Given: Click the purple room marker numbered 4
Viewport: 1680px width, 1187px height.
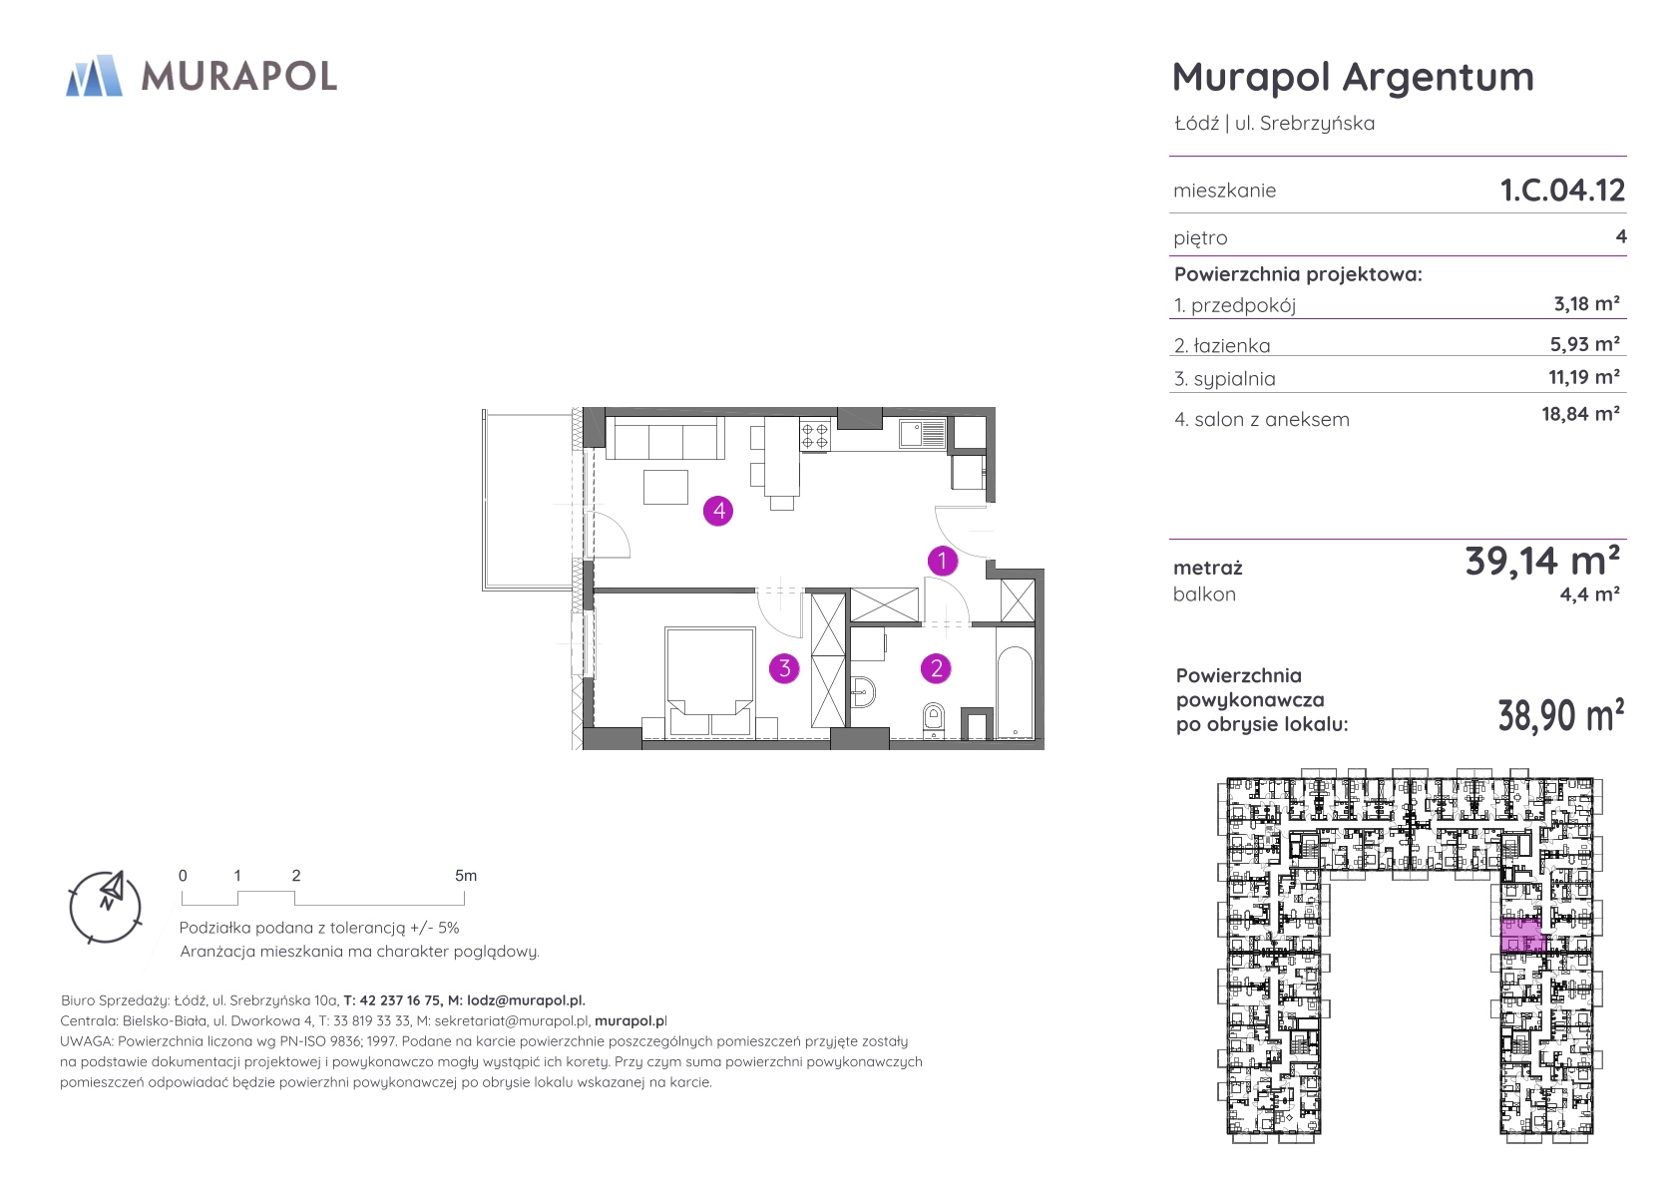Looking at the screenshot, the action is coord(717,511).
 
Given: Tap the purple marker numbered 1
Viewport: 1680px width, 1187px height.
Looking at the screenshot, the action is coord(942,561).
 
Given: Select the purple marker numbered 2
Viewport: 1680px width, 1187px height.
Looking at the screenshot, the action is coord(936,668).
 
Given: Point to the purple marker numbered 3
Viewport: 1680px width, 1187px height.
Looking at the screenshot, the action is coord(784,668).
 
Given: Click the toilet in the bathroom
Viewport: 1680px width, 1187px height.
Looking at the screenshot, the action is coord(933,720).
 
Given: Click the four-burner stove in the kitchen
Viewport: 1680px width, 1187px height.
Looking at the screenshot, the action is coord(814,436).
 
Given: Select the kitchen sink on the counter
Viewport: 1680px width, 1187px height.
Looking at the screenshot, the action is coord(923,434).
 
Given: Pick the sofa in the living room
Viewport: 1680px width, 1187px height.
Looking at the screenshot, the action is coord(665,437).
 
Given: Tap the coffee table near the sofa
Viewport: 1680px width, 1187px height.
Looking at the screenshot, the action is coord(665,487).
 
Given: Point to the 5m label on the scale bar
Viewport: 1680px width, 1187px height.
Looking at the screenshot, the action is coord(466,875).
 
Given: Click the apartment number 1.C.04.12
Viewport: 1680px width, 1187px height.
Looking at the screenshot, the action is coord(1562,190).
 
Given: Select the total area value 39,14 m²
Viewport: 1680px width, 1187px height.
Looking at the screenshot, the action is coord(1542,561).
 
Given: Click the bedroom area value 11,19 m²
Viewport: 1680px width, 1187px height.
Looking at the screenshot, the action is coord(1584,376).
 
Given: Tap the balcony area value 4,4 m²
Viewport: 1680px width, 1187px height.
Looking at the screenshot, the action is coord(1589,594).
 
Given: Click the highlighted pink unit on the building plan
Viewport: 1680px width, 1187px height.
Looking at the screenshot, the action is coord(1521,935).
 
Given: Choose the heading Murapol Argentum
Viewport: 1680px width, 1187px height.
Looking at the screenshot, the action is coord(1353,78).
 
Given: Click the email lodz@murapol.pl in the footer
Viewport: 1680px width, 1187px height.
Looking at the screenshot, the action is coord(526,1000).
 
